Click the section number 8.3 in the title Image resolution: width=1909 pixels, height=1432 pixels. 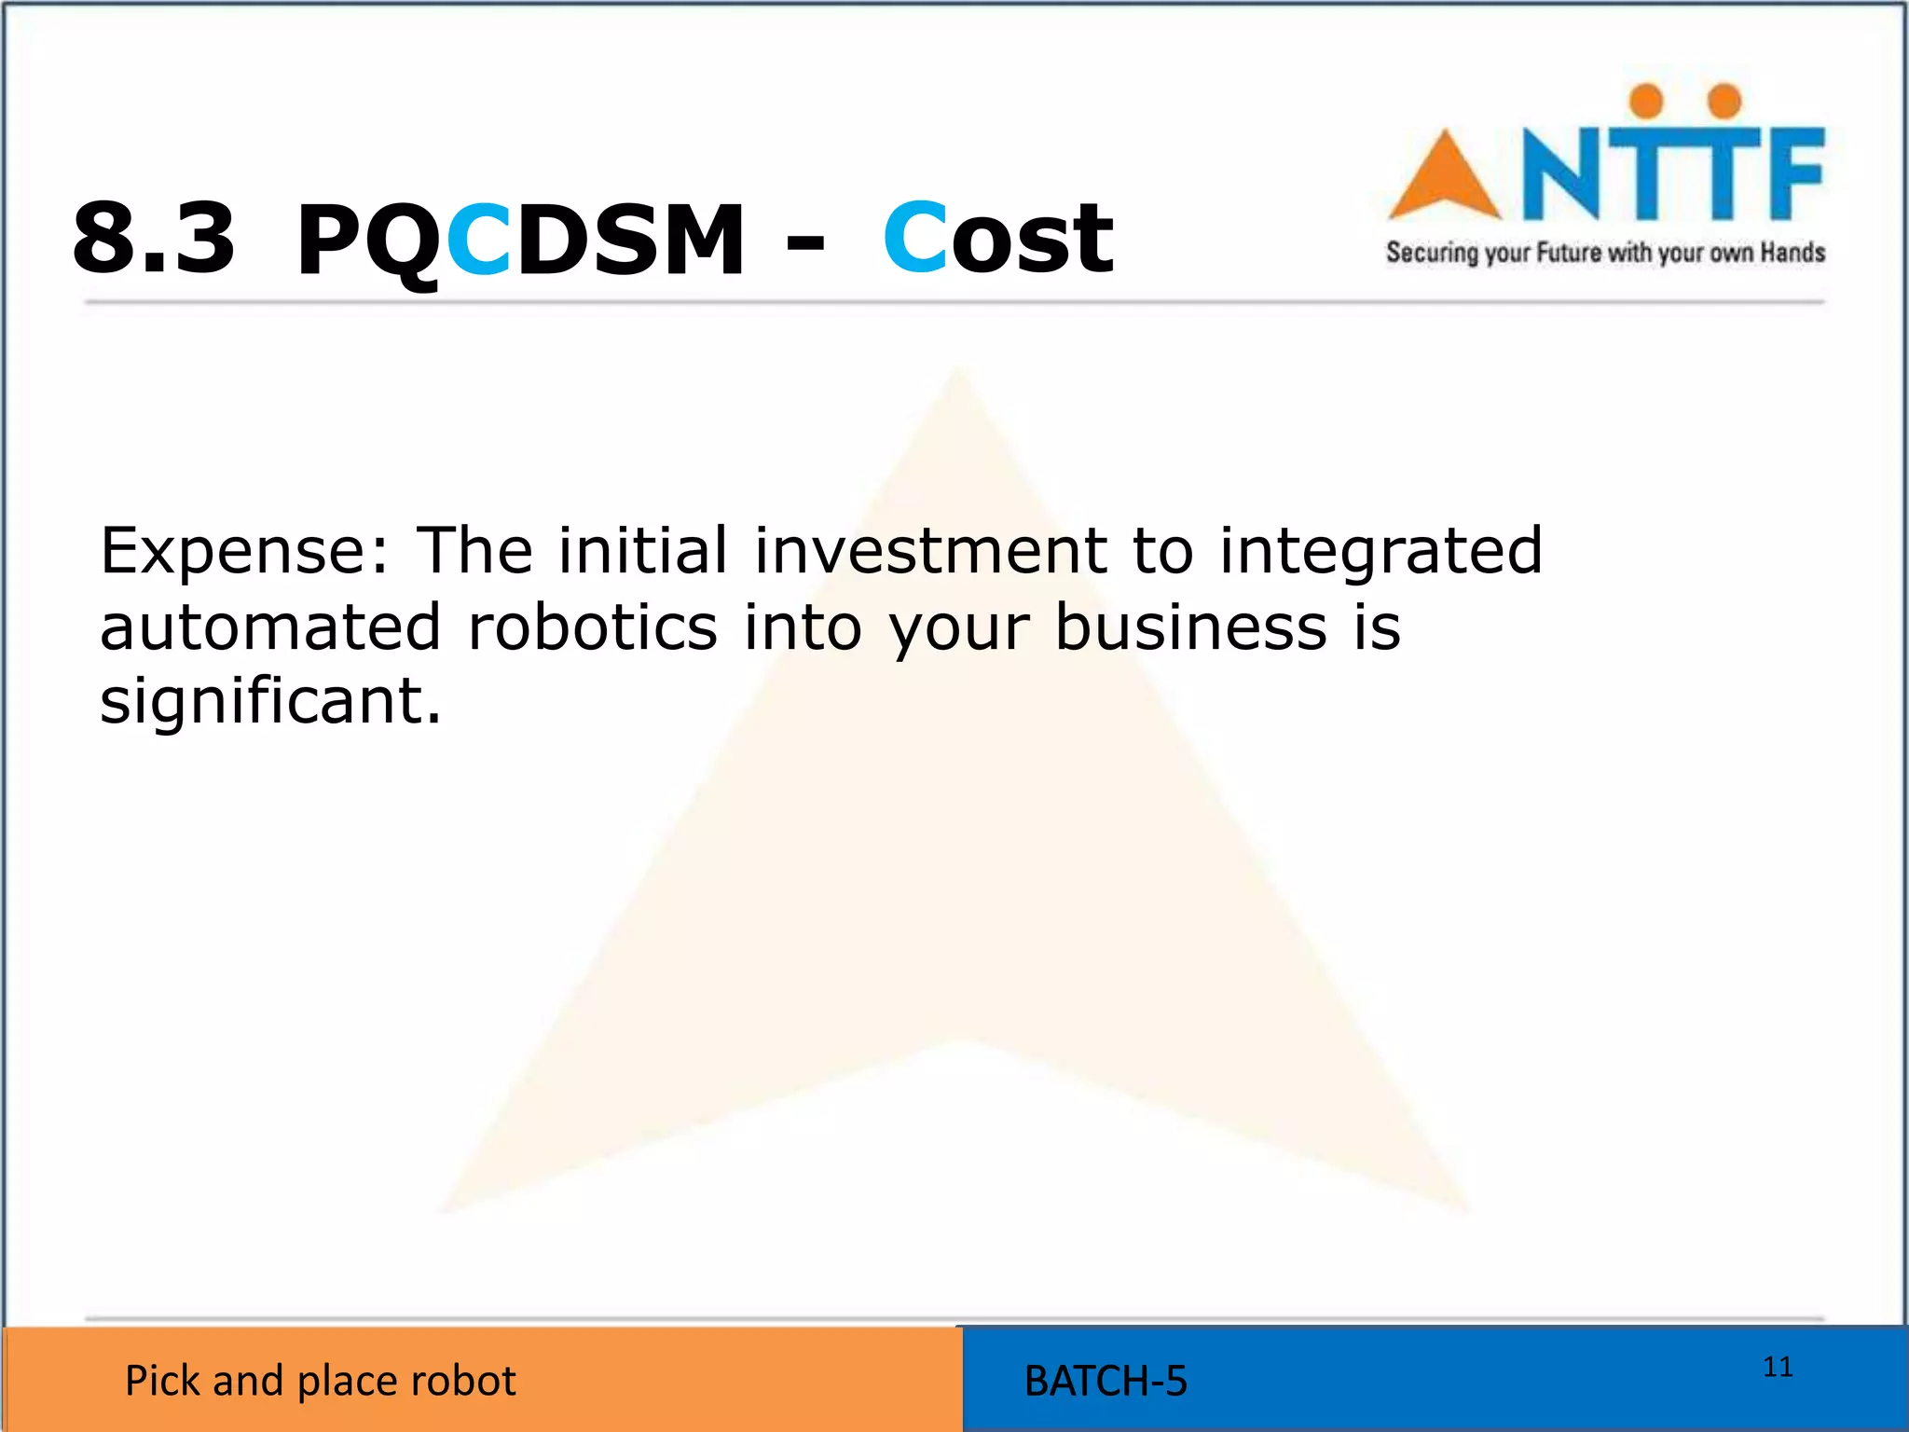point(154,239)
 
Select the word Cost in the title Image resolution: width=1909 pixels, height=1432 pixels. point(997,239)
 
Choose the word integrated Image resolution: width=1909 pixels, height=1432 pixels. point(1380,552)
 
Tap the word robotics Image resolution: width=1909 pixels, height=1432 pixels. point(593,626)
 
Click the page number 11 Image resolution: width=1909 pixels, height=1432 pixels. point(1778,1367)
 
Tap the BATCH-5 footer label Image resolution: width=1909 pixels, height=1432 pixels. point(1106,1381)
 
